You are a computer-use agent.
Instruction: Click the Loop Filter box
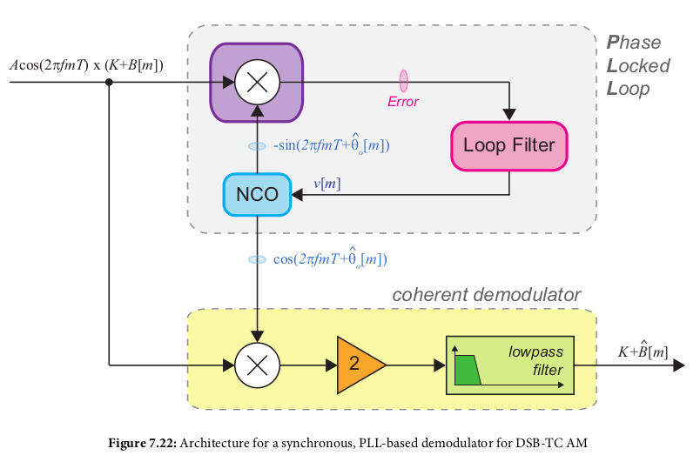(508, 144)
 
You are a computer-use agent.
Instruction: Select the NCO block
(257, 194)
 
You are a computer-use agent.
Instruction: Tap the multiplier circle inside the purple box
(257, 83)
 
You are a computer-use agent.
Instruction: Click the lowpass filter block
(509, 364)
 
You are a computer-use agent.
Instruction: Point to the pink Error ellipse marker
(403, 81)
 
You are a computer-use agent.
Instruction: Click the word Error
(403, 102)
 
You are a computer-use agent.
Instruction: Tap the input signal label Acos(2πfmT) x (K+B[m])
(86, 64)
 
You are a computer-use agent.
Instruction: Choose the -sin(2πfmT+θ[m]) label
(331, 145)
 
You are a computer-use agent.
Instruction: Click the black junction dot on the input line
(109, 83)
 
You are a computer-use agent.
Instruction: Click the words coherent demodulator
(486, 295)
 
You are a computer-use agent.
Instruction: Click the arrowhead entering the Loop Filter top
(509, 113)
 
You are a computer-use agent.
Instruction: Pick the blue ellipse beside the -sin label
(257, 146)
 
